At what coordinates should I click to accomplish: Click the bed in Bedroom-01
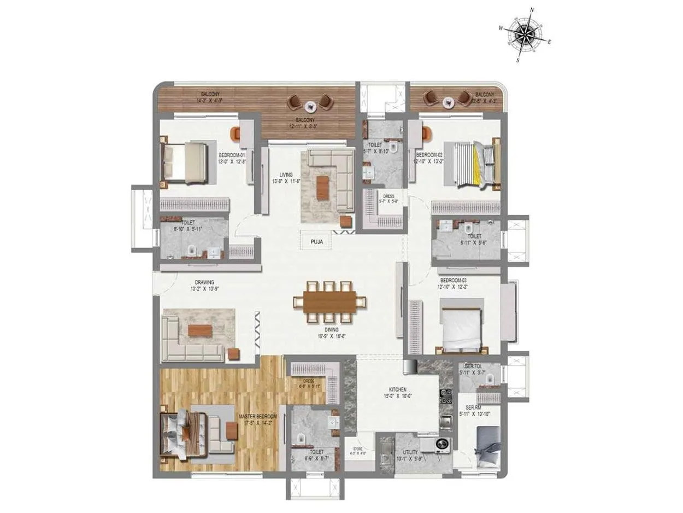[184, 162]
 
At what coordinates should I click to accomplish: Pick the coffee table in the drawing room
[199, 330]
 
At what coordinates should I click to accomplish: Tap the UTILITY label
[410, 452]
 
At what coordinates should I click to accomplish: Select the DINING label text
[331, 330]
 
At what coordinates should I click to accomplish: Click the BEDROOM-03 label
[454, 280]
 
